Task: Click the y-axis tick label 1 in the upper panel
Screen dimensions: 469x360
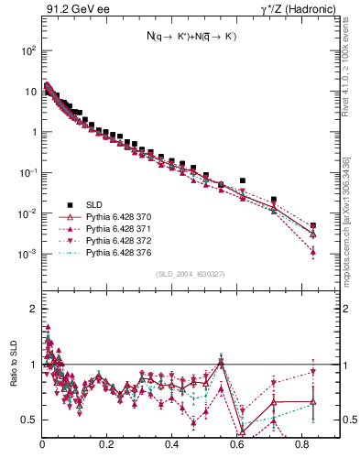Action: pyautogui.click(x=32, y=132)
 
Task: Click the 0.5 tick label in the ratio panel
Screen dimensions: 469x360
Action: pyautogui.click(x=27, y=420)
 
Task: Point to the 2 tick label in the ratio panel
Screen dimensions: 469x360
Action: pyautogui.click(x=32, y=309)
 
